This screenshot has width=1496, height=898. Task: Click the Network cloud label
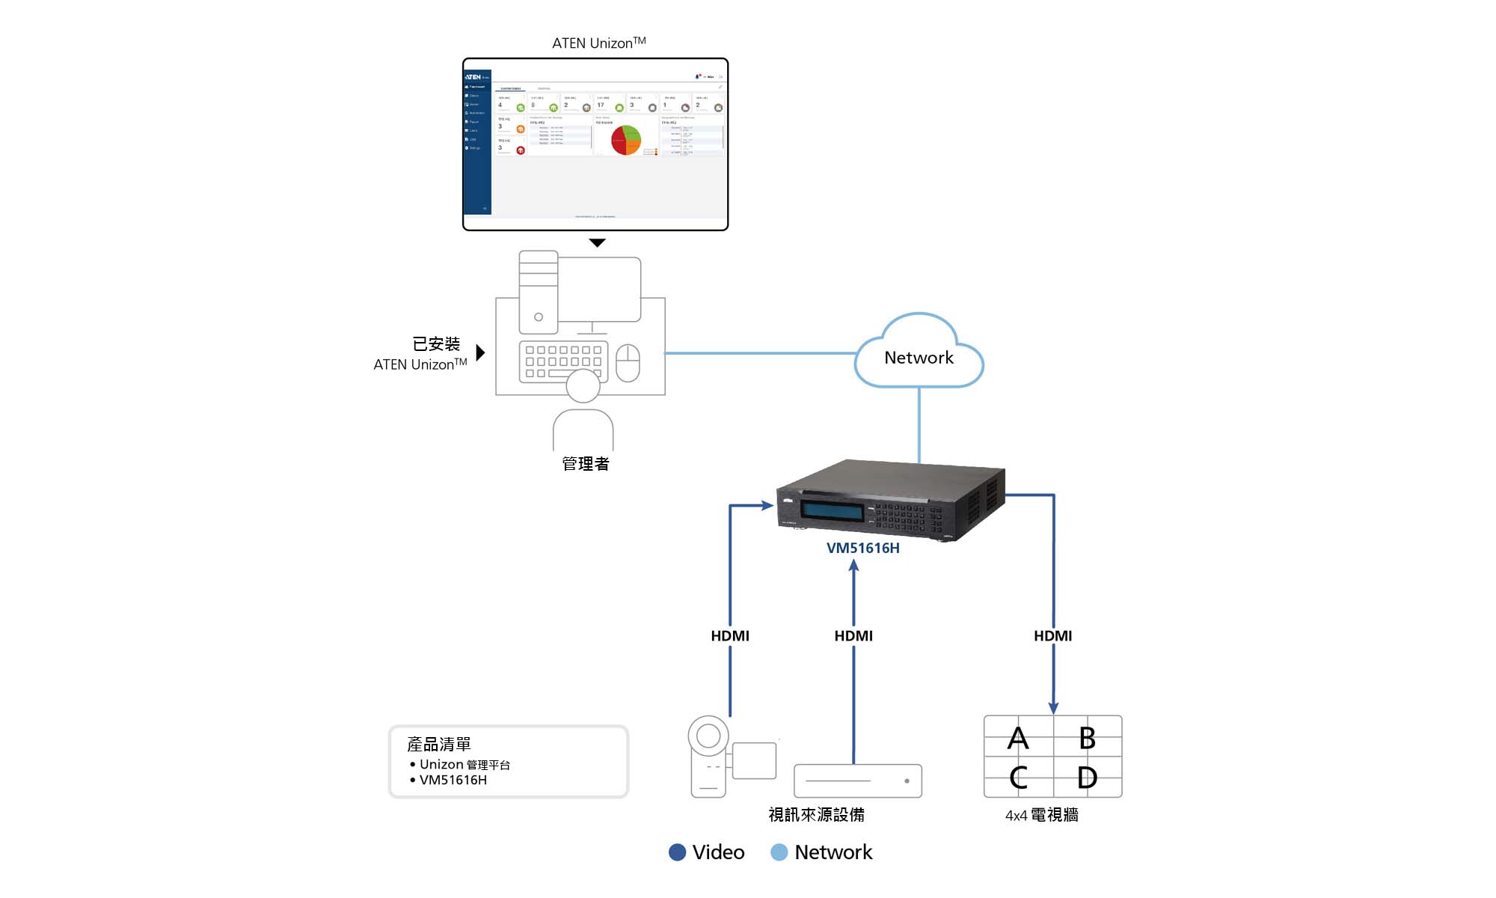pyautogui.click(x=919, y=358)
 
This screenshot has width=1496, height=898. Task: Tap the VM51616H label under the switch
pyautogui.click(x=862, y=548)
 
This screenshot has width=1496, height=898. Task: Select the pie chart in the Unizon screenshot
pyautogui.click(x=626, y=140)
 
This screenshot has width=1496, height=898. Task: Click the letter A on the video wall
pyautogui.click(x=1018, y=739)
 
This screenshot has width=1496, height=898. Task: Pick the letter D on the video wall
pyautogui.click(x=1087, y=778)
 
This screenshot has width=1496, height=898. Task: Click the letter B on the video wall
pyautogui.click(x=1087, y=739)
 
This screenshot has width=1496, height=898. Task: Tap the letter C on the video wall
pyautogui.click(x=1018, y=778)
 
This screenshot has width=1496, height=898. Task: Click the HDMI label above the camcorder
pyautogui.click(x=729, y=635)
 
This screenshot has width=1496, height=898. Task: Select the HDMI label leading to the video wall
pyautogui.click(x=1052, y=635)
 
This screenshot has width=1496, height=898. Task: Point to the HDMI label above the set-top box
pyautogui.click(x=853, y=635)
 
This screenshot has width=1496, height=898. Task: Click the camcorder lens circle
pyautogui.click(x=708, y=736)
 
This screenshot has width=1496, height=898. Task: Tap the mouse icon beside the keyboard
pyautogui.click(x=628, y=362)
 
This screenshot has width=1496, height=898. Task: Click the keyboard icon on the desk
pyautogui.click(x=563, y=361)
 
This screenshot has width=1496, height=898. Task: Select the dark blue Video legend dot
pyautogui.click(x=677, y=852)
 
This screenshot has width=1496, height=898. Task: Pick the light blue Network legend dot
pyautogui.click(x=779, y=852)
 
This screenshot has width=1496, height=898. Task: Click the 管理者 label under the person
pyautogui.click(x=586, y=464)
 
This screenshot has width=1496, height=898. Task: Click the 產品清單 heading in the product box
pyautogui.click(x=439, y=744)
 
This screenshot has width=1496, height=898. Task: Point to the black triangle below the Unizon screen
pyautogui.click(x=597, y=242)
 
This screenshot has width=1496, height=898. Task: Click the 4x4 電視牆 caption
pyautogui.click(x=1041, y=815)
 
